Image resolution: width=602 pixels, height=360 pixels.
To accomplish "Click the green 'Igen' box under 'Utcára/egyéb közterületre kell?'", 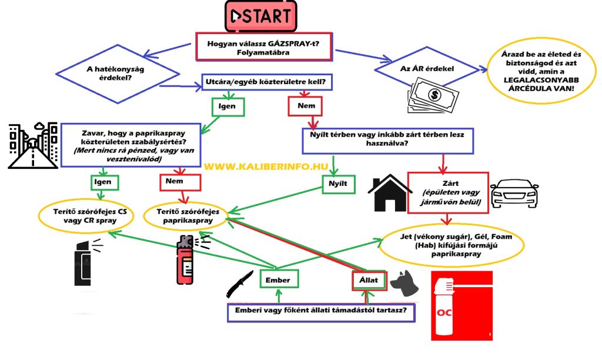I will click(227, 106).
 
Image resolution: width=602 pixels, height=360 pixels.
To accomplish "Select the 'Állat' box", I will click(369, 279).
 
